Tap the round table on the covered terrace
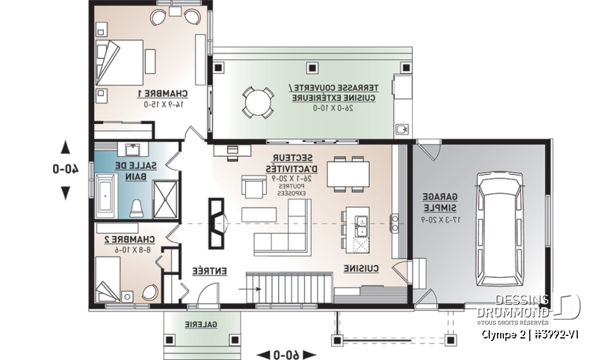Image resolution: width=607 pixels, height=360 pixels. [258, 101]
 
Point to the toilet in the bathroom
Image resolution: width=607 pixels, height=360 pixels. [135, 207]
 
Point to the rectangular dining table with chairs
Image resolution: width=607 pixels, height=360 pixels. [348, 172]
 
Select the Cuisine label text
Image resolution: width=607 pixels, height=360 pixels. [362, 269]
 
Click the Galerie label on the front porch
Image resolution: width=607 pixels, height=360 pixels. [202, 324]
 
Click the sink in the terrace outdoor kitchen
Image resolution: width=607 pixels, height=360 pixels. [402, 130]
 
